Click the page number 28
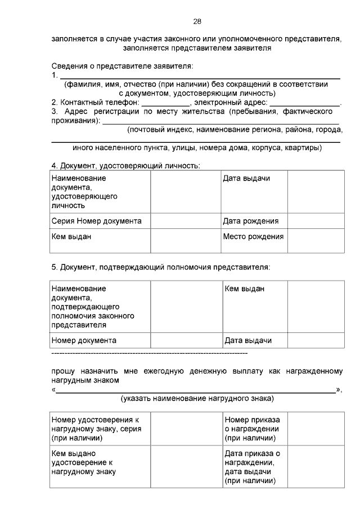pos(197,21)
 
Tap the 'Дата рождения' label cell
pos(250,221)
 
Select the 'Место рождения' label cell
pos(253,236)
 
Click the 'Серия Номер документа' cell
pos(97,221)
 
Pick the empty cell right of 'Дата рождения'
pos(316,221)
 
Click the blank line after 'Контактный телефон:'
pos(166,102)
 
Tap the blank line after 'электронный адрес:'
pos(304,102)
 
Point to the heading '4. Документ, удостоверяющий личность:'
pos(125,166)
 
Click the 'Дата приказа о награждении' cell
pos(252,467)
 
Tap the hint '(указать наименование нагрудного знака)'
pos(197,399)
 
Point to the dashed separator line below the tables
pos(149,354)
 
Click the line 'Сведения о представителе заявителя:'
pos(122,66)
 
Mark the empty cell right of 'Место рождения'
pos(316,241)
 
